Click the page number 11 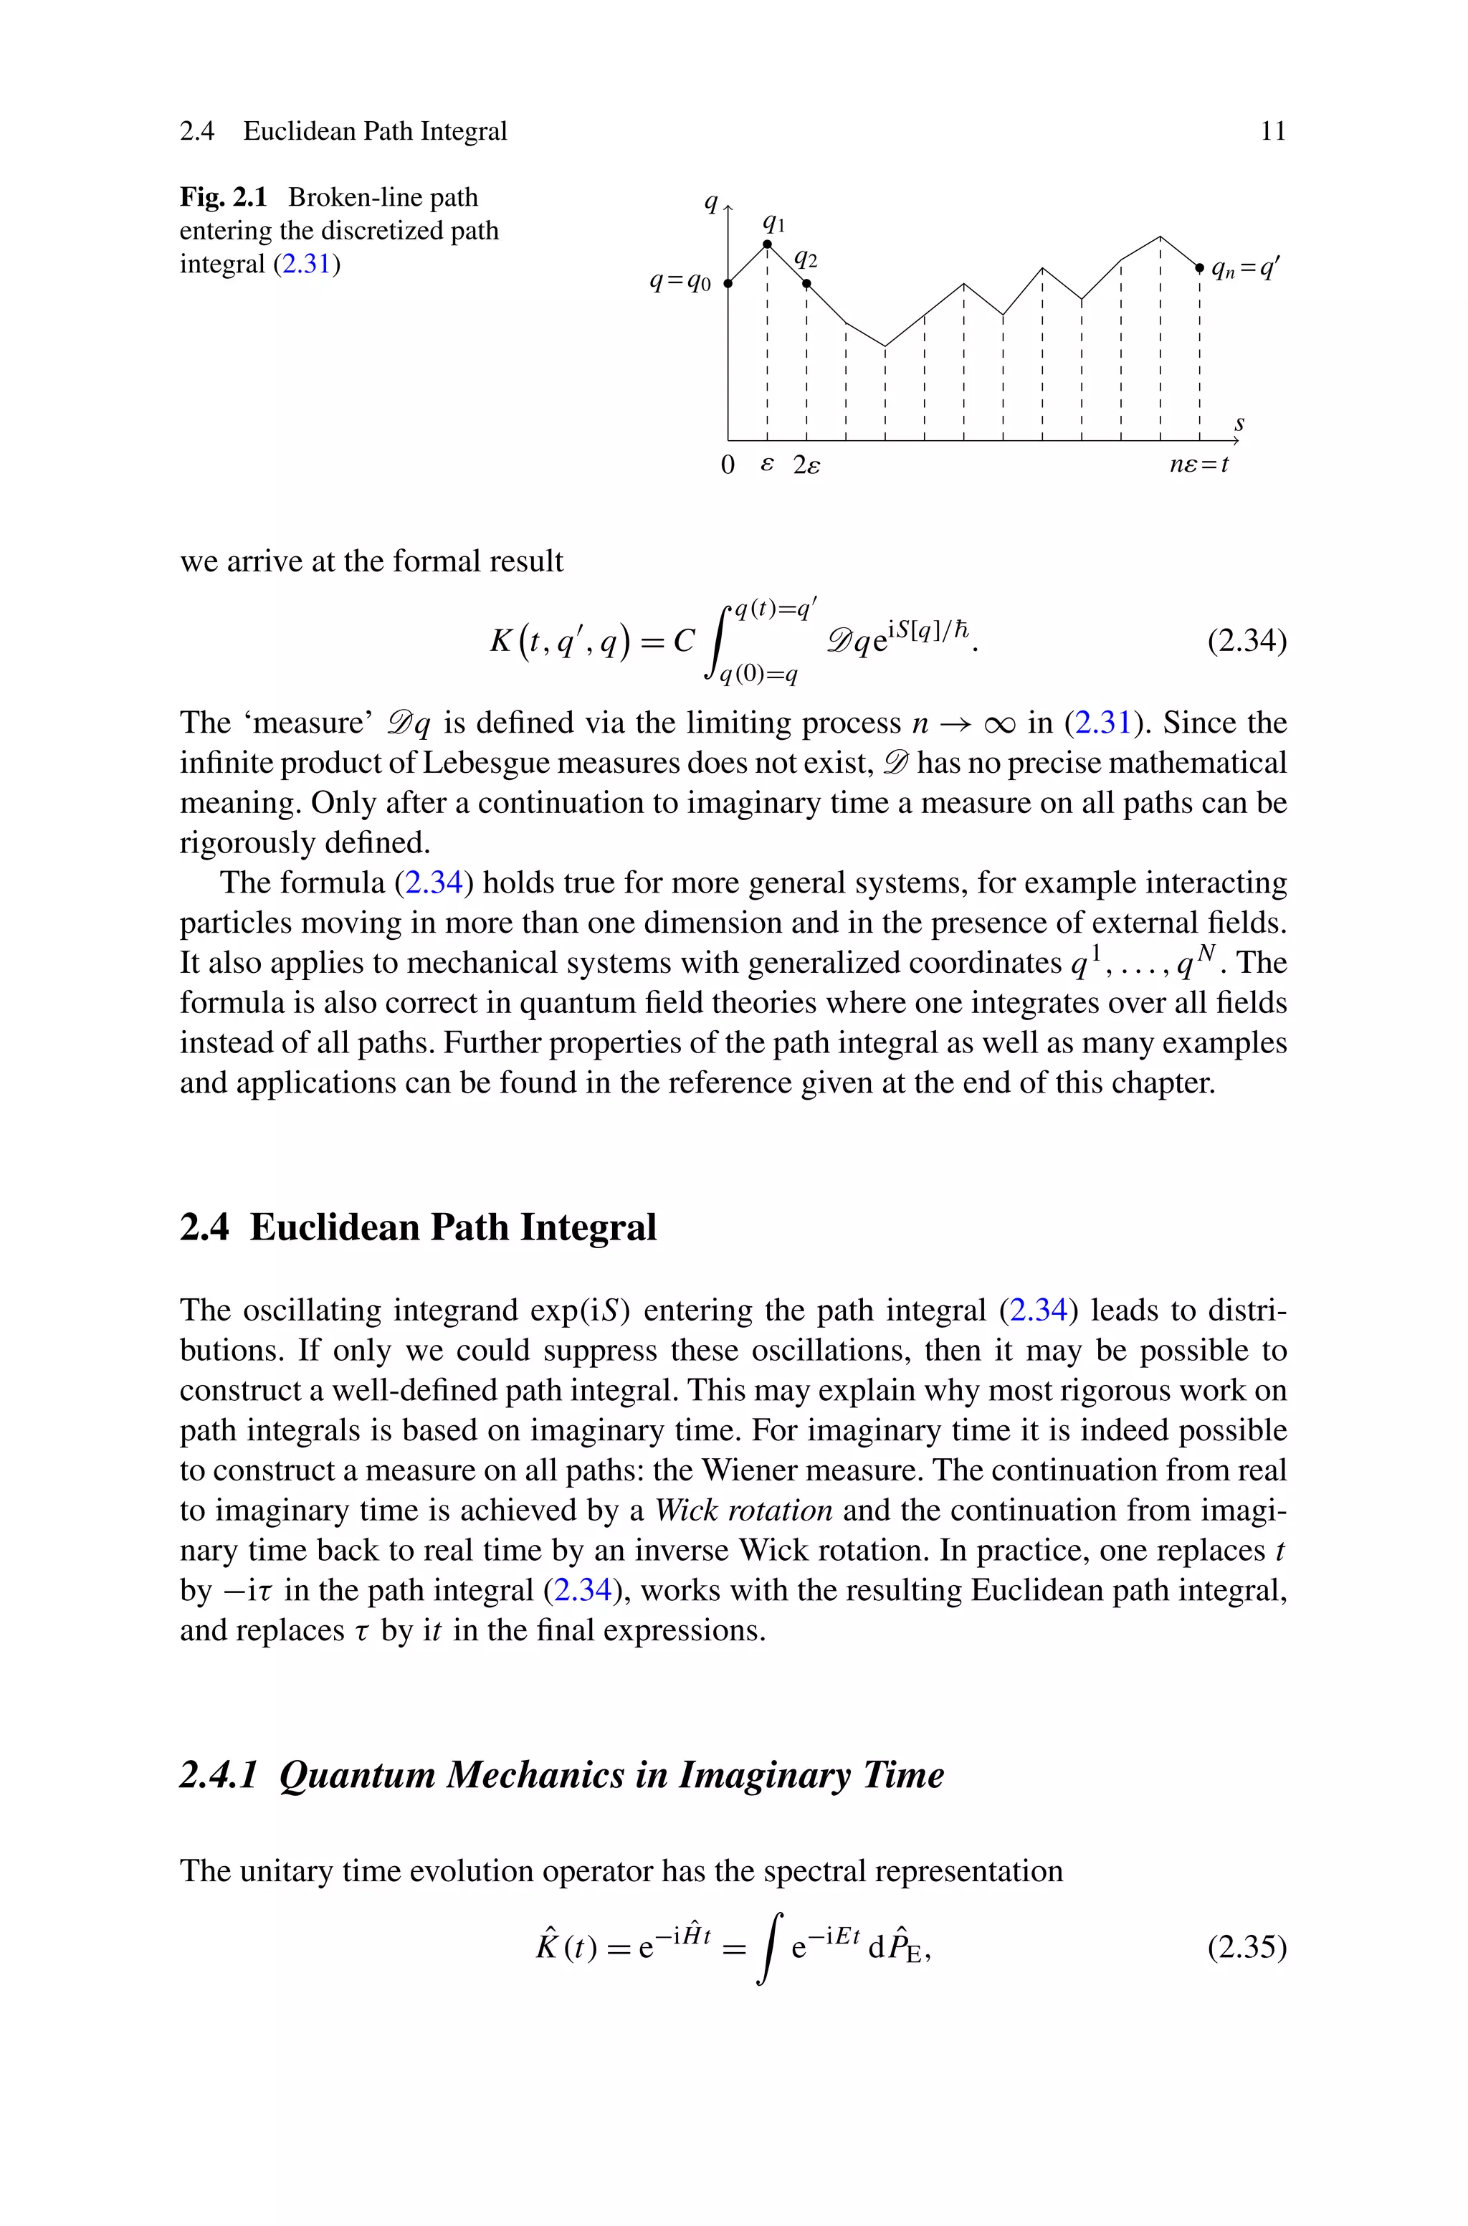click(1273, 131)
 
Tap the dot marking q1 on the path click(768, 244)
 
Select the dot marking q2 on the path click(806, 282)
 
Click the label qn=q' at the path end click(1244, 270)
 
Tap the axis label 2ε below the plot click(806, 465)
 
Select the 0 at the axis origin click(728, 465)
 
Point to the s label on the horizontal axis click(1239, 424)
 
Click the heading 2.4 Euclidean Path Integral click(418, 1227)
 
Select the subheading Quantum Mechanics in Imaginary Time click(611, 1774)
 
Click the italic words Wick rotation click(743, 1511)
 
